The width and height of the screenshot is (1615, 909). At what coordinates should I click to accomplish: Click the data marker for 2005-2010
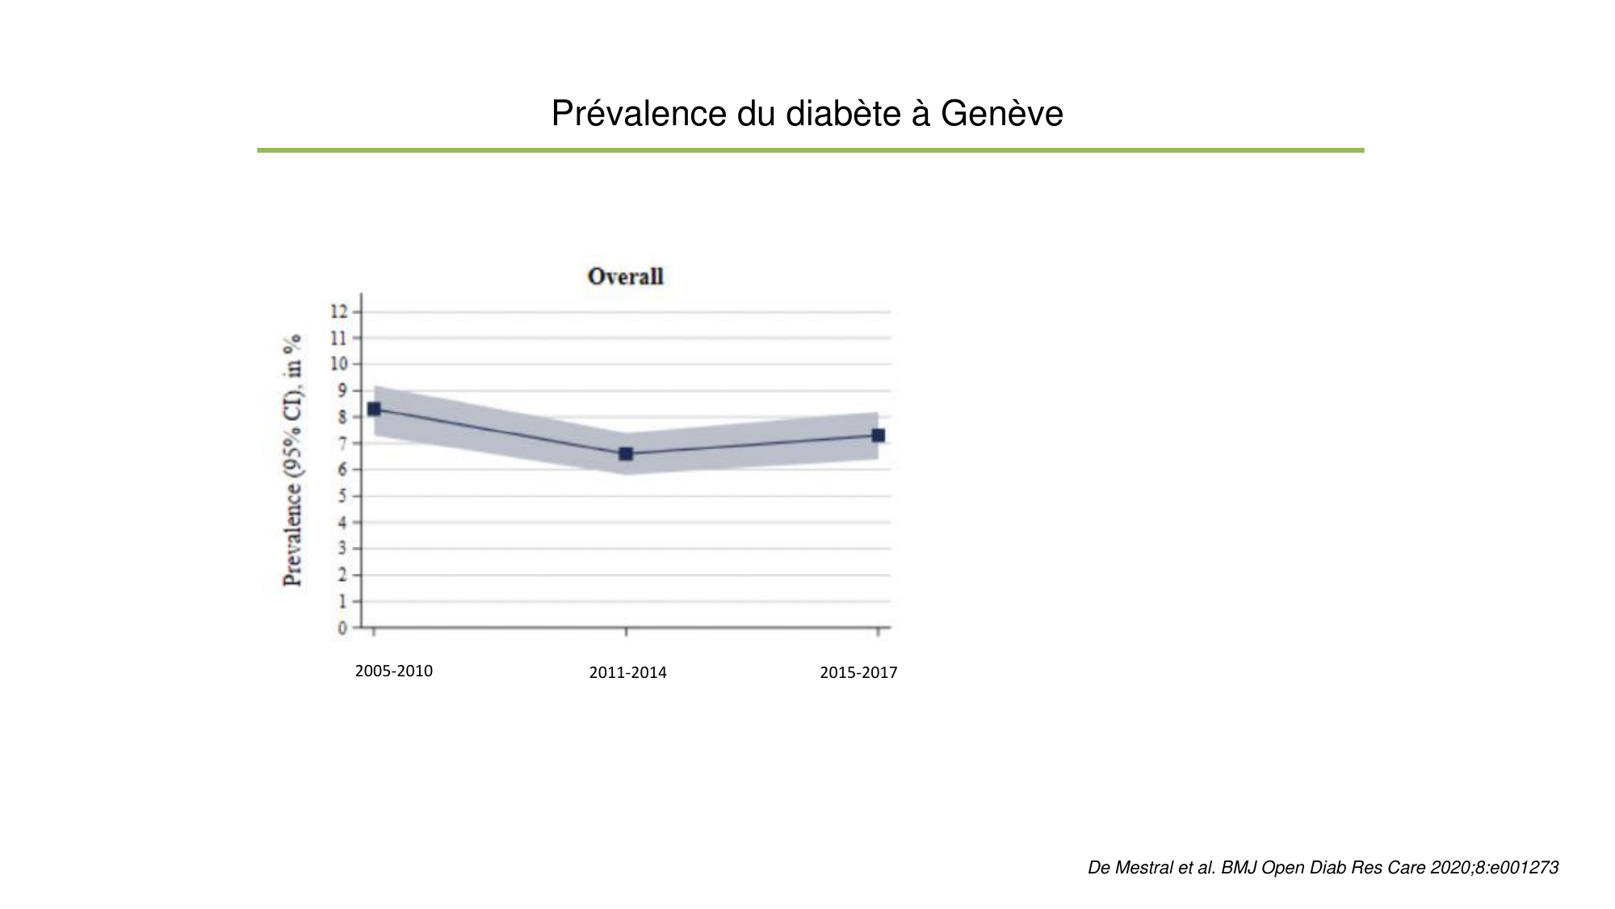pos(374,409)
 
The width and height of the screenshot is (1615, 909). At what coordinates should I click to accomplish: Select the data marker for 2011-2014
pos(626,454)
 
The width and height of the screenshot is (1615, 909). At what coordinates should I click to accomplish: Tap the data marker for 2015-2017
pos(878,436)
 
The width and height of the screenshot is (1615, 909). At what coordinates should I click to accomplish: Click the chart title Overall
pos(625,277)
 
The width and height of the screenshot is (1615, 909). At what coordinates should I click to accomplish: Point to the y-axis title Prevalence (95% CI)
pos(293,460)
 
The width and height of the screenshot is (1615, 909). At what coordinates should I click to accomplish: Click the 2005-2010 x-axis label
pos(394,671)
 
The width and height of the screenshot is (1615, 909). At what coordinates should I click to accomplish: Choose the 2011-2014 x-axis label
pos(627,673)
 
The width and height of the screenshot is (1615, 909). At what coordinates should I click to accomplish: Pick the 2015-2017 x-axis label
pos(858,673)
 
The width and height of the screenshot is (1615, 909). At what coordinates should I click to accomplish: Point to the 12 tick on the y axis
pos(339,312)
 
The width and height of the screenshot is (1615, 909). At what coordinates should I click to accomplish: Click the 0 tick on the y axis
pos(343,628)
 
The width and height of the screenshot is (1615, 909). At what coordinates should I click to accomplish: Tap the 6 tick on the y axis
pos(343,470)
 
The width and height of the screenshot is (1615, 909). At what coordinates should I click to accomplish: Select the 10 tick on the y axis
pos(339,364)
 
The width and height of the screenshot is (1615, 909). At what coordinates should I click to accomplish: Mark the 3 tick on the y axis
pos(343,549)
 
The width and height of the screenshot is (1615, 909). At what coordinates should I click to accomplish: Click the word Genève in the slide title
pos(1001,114)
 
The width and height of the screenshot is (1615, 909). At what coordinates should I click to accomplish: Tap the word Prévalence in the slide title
pos(639,114)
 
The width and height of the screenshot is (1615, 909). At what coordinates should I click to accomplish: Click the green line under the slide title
pos(810,150)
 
